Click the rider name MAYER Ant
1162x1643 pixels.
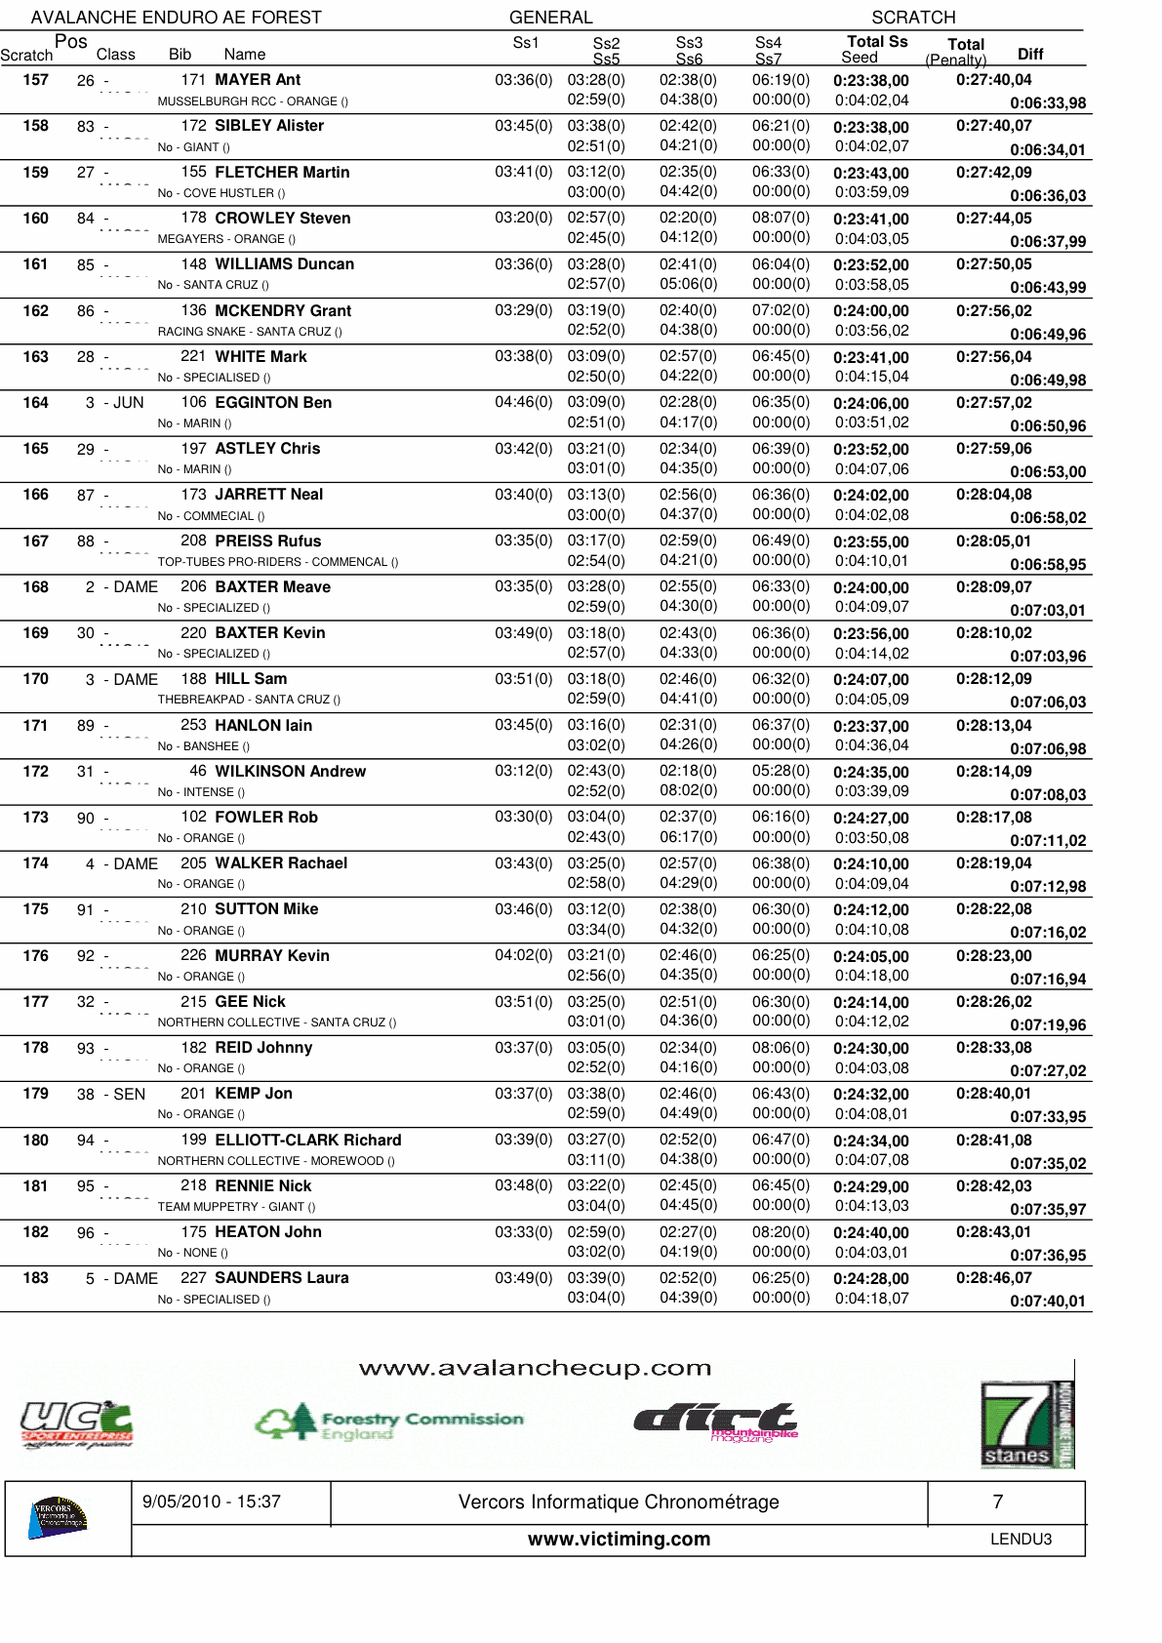coord(258,80)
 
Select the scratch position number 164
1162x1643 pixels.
coord(35,403)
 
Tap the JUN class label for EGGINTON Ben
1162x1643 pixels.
coord(128,403)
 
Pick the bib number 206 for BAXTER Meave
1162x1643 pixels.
coord(193,587)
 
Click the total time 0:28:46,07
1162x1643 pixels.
coord(993,1278)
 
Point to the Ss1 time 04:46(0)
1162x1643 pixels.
coord(523,403)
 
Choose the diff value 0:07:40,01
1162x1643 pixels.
coord(1047,1302)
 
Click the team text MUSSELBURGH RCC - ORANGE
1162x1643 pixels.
coord(252,101)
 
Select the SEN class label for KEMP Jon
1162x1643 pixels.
coord(129,1095)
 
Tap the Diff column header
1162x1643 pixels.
coord(1030,55)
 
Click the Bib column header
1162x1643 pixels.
coord(180,55)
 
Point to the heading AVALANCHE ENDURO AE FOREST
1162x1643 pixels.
coord(176,18)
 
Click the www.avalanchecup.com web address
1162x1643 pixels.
coord(535,1369)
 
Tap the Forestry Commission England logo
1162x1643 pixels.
coord(388,1423)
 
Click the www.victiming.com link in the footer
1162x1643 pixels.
coord(619,1540)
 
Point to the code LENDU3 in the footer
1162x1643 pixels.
coord(1021,1540)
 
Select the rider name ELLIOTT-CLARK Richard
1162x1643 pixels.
coord(307,1141)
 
